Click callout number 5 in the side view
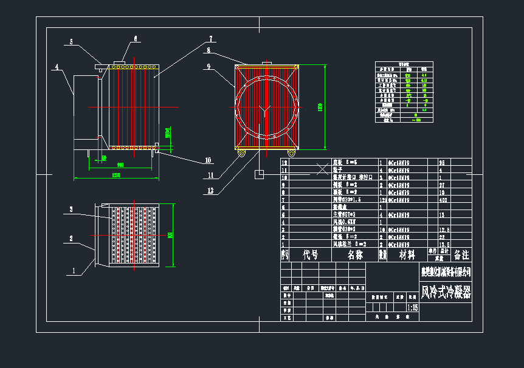point(71,42)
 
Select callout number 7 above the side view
point(210,38)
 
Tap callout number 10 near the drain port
point(208,160)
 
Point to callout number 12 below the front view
point(211,190)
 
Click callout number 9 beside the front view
point(208,66)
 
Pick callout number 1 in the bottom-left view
point(74,272)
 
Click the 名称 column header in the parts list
point(356,255)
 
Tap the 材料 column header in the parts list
point(407,255)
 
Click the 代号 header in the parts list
point(311,255)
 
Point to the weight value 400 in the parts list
point(443,199)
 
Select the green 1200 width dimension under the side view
point(115,175)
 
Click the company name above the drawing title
point(446,271)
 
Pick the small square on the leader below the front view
point(258,174)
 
